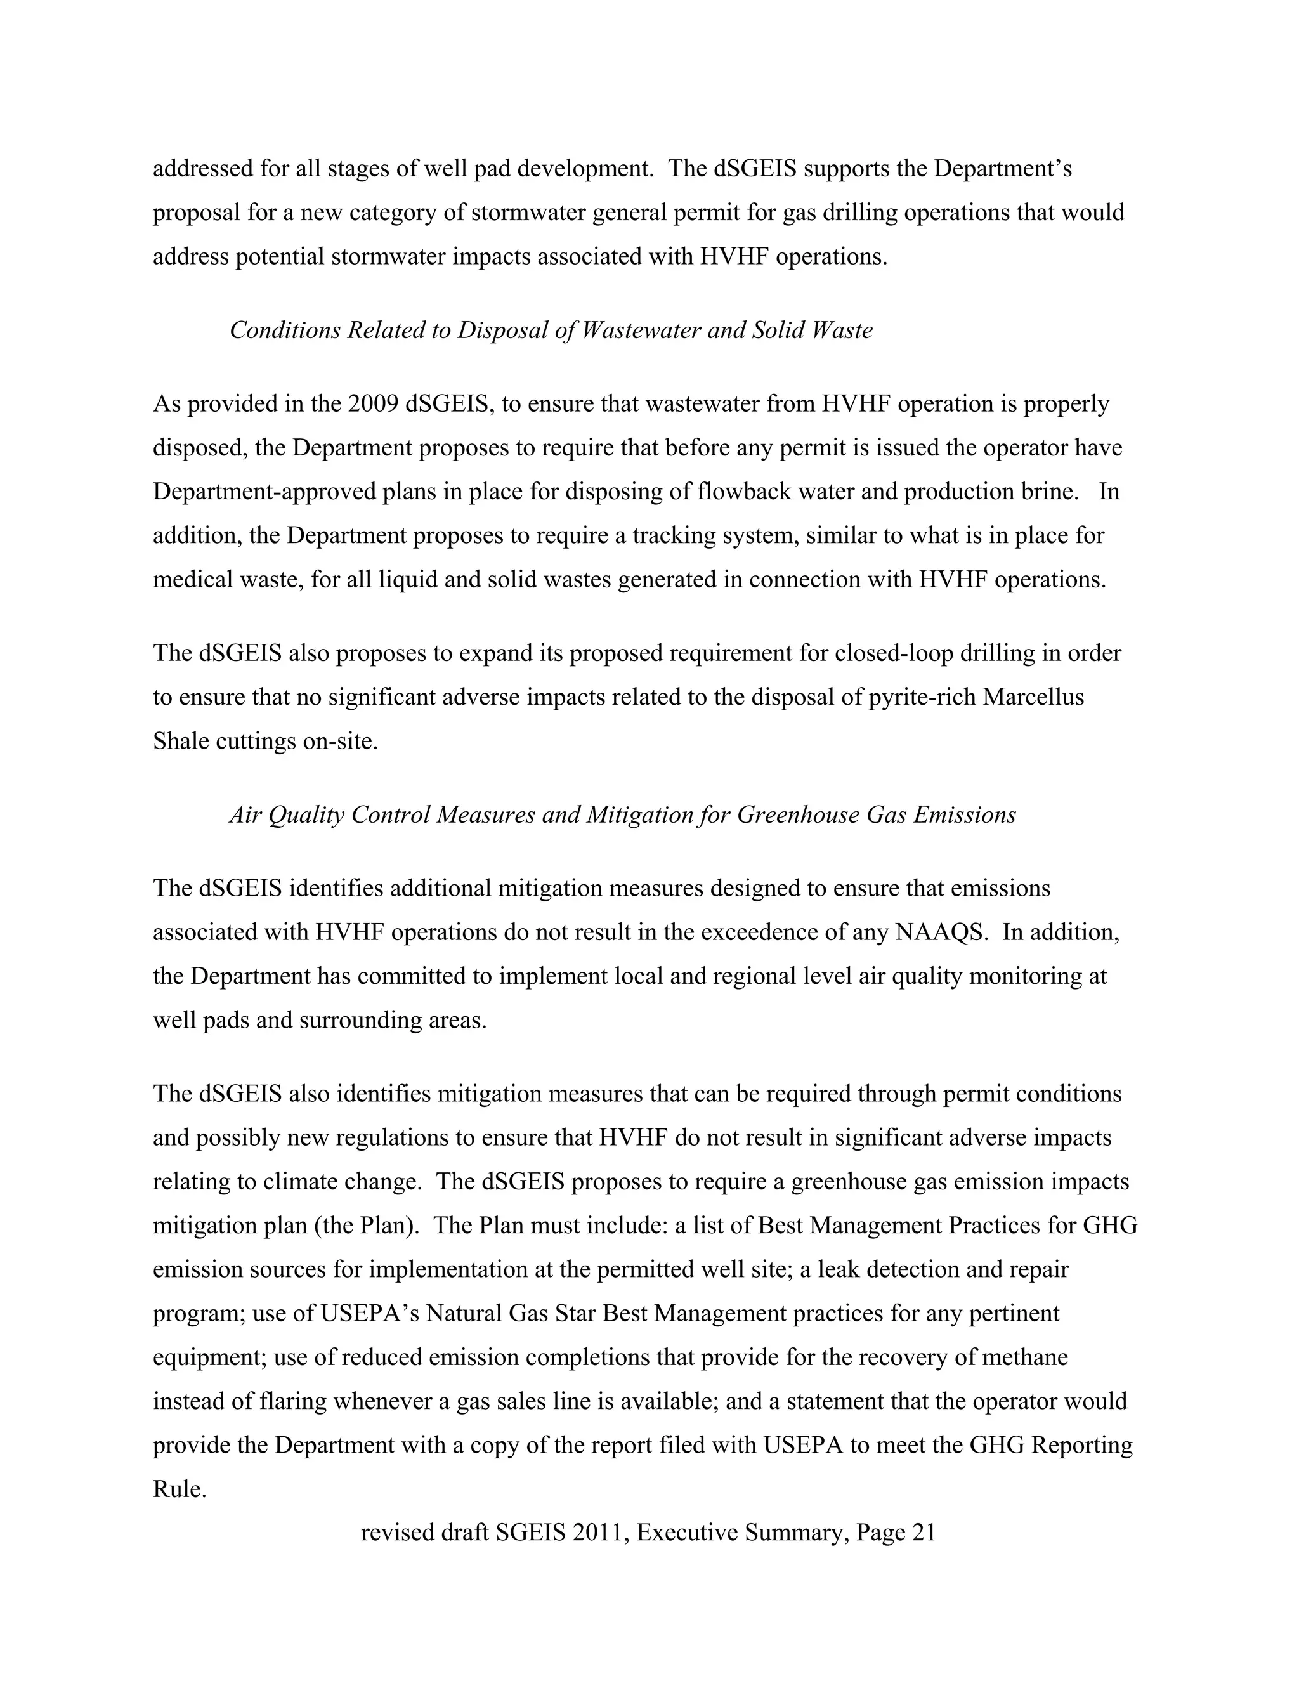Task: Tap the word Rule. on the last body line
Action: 180,1489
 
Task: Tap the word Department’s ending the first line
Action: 1003,169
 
